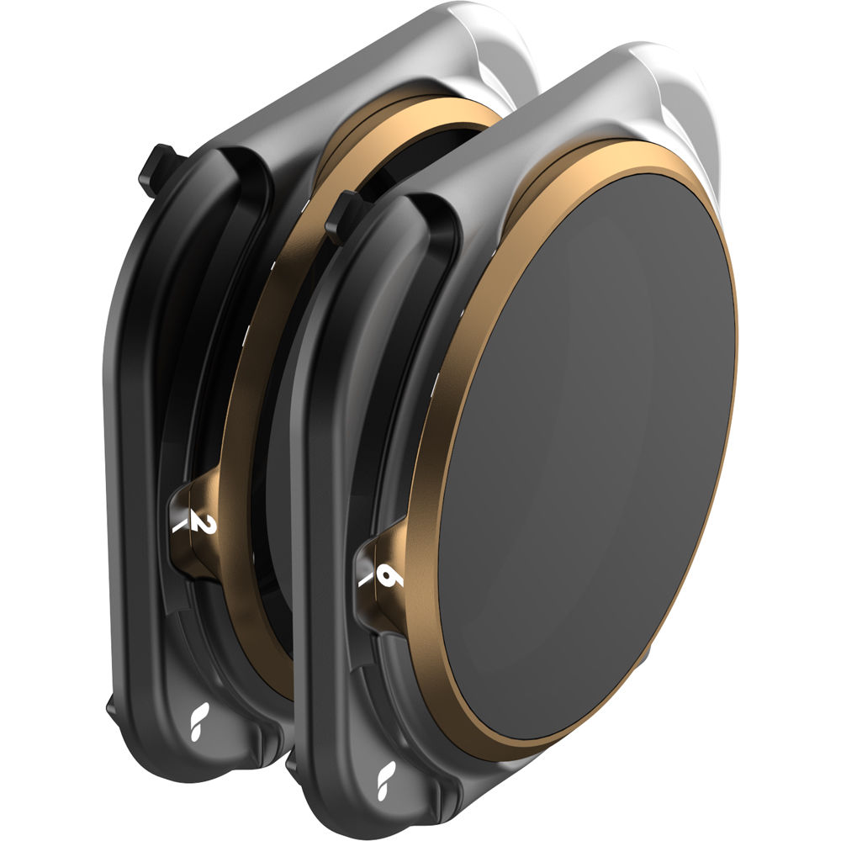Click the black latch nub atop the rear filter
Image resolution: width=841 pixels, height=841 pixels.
click(156, 169)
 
